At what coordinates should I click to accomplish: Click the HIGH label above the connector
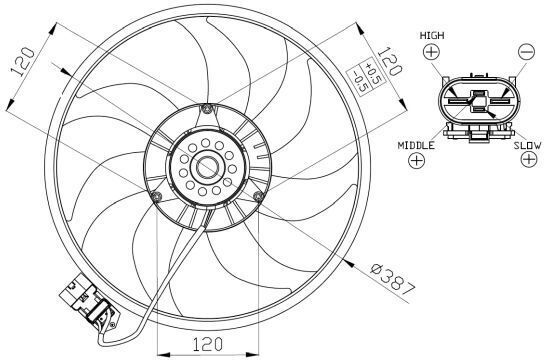tap(432, 35)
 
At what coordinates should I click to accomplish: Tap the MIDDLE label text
tap(416, 145)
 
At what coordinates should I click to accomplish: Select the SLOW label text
tap(527, 145)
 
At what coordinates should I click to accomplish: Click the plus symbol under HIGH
tap(432, 52)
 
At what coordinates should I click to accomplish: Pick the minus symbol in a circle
tap(526, 52)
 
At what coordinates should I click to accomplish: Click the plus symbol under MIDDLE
tap(416, 160)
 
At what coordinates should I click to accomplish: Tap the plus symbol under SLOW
tap(529, 159)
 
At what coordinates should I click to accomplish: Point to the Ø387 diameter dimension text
tap(393, 284)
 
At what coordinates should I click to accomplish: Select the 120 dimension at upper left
tap(23, 62)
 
